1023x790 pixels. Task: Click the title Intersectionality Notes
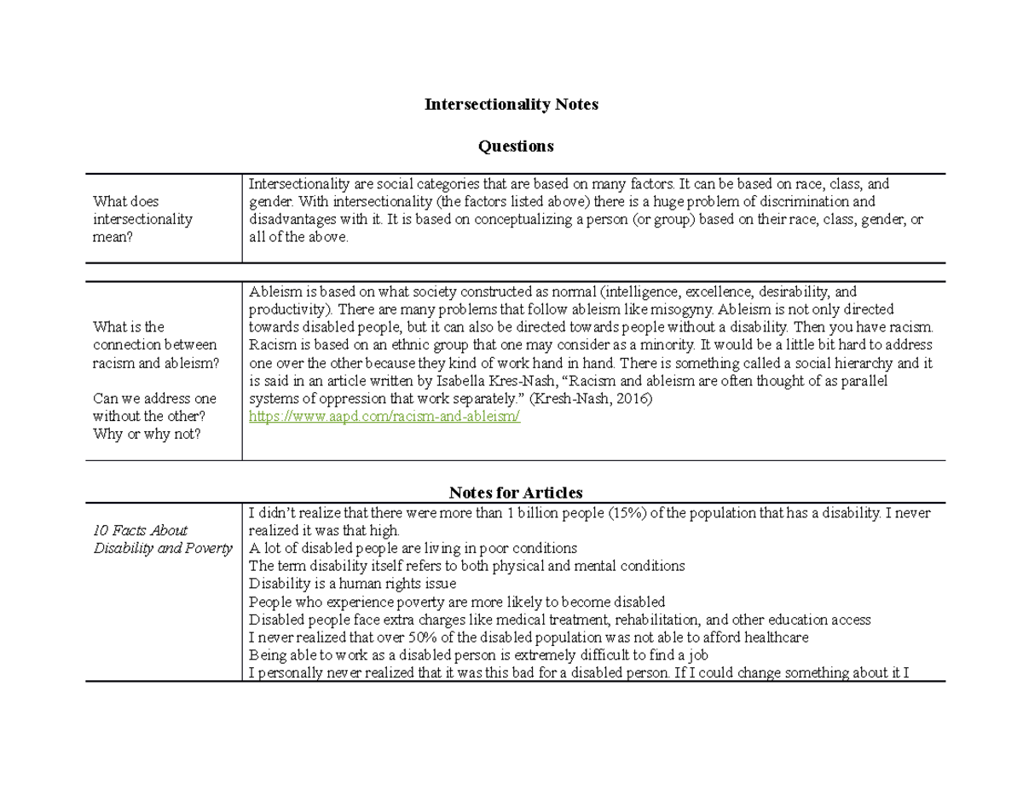[511, 104]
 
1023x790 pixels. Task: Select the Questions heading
[515, 147]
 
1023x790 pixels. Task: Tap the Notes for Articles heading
[516, 493]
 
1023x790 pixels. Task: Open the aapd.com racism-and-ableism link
[384, 417]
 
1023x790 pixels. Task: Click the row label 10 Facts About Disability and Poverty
[162, 539]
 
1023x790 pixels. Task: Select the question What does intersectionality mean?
[142, 219]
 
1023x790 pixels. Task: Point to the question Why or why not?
[147, 434]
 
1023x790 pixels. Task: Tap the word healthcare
[771, 637]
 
